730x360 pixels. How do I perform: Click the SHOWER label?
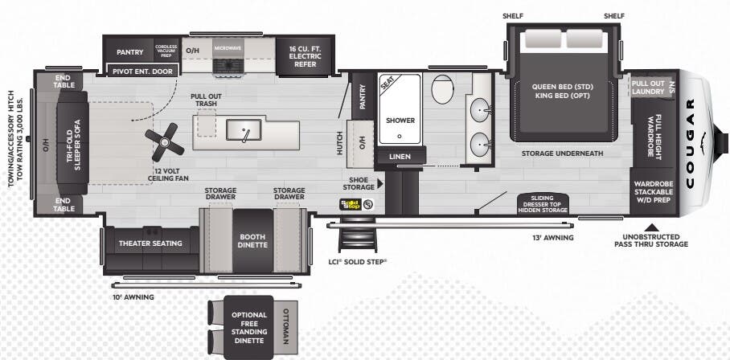point(400,120)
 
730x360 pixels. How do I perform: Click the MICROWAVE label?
point(228,48)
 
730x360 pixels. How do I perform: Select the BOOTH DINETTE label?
point(253,239)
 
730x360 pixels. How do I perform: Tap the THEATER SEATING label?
point(150,243)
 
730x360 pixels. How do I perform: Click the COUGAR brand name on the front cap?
point(690,143)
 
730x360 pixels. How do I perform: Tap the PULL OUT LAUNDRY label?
point(647,88)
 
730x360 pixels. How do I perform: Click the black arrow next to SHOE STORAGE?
point(380,184)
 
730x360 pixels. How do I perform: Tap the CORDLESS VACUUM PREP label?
point(166,51)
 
